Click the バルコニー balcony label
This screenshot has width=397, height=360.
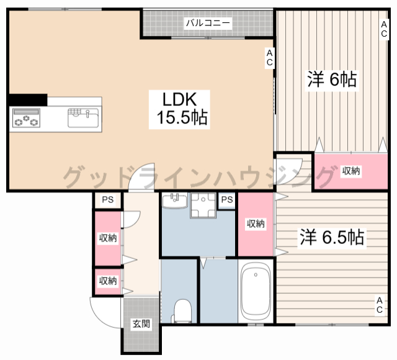(208, 23)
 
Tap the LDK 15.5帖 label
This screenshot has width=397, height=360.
(180, 109)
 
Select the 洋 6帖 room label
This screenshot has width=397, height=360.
(332, 79)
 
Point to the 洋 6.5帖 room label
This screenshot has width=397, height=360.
(332, 237)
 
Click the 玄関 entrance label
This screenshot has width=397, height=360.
(141, 323)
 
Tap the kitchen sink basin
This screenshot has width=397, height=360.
(83, 118)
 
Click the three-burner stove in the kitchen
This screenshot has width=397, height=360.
(26, 118)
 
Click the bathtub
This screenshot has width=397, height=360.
(256, 291)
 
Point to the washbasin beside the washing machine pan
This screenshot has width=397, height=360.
(175, 200)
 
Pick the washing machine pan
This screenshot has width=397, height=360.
(203, 205)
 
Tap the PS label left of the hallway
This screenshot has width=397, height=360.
(107, 200)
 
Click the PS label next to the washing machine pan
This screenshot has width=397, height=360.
(227, 200)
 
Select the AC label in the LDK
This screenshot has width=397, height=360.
(269, 58)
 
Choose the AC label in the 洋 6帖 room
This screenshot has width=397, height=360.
(384, 29)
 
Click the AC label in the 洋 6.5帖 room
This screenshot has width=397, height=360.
(379, 305)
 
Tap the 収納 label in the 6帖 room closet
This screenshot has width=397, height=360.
(351, 171)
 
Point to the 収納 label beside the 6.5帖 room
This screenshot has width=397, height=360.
(256, 223)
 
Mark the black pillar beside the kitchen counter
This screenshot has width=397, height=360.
(28, 100)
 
